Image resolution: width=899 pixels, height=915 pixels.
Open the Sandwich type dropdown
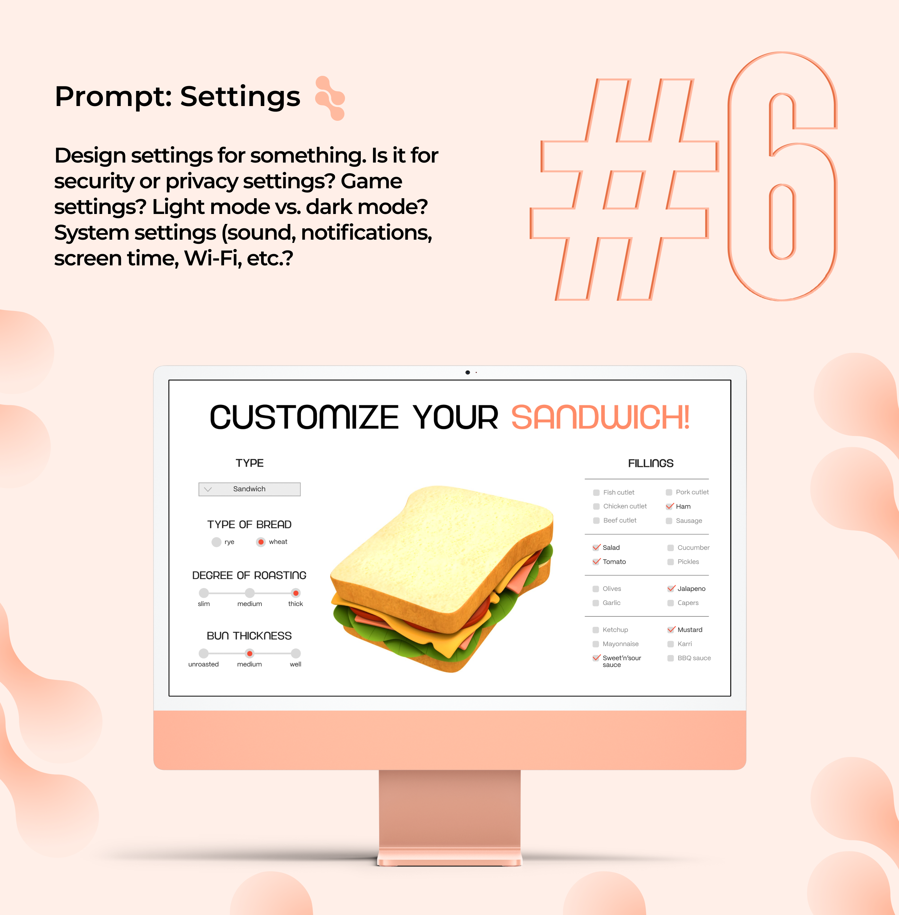(x=249, y=489)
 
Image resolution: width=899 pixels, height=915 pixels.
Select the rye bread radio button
(x=216, y=542)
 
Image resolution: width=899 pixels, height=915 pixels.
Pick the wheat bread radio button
(x=261, y=542)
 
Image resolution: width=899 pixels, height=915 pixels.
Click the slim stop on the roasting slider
(x=204, y=593)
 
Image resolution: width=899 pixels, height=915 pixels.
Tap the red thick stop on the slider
(x=295, y=593)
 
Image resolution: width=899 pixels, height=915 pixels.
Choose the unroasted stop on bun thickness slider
(x=204, y=653)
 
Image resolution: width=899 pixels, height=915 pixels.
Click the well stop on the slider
(x=295, y=653)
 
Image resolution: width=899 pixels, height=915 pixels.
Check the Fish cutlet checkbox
(x=596, y=493)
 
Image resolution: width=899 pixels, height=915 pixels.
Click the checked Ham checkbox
(x=669, y=506)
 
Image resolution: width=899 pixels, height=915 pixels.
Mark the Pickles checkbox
(x=670, y=562)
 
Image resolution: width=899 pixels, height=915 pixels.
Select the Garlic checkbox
(x=596, y=603)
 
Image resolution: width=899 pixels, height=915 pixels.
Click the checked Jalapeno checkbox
(x=671, y=589)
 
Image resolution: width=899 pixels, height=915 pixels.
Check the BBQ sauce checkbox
(x=670, y=658)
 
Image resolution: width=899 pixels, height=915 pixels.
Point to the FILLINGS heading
(x=651, y=463)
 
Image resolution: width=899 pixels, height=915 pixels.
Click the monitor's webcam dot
(x=468, y=372)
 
